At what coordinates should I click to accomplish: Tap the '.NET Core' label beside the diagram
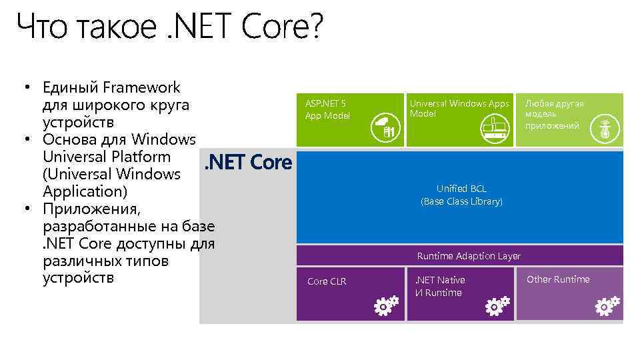tap(248, 162)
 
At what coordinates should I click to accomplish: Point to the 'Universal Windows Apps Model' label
tap(459, 109)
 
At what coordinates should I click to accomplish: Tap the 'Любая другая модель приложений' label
tap(554, 114)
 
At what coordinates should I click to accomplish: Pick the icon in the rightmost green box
tap(605, 127)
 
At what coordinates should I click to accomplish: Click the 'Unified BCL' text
tap(461, 189)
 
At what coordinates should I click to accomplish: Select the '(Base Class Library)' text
tap(461, 201)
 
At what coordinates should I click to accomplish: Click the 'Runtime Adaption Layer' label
tap(469, 256)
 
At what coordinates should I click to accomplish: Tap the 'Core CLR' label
tap(327, 281)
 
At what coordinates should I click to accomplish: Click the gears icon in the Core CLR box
tap(385, 305)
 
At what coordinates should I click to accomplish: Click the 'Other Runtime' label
tap(558, 279)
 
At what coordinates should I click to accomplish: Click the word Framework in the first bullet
tap(141, 87)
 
